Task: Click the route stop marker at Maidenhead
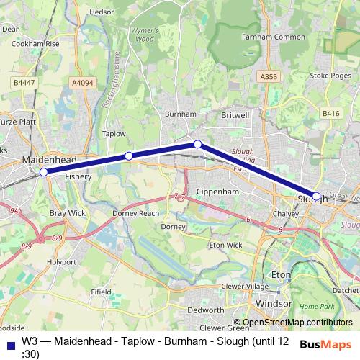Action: pos(43,172)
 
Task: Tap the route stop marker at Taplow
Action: pos(128,156)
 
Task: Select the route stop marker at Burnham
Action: pos(197,145)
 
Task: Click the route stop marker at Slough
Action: pos(316,196)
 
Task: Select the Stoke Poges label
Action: pos(329,74)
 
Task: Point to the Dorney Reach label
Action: pos(135,214)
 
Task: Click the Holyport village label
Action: pos(60,263)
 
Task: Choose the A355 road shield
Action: pos(269,76)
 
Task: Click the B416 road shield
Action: pos(330,113)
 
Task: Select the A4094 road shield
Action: pos(83,83)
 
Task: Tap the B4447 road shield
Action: pos(23,83)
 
